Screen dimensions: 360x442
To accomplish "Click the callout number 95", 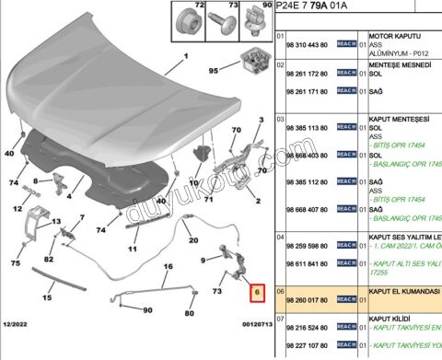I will [x=214, y=70].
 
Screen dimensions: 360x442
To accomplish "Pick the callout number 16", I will [x=168, y=267].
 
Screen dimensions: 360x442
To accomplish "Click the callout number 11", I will [x=133, y=249].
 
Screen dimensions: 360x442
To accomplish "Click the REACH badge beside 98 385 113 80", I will [x=346, y=126].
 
